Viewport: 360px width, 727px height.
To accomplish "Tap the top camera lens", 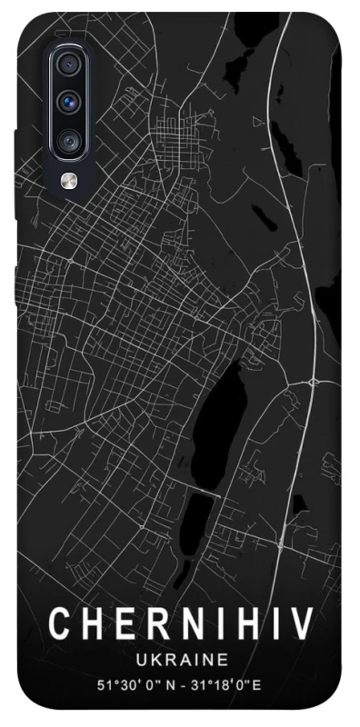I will point(69,64).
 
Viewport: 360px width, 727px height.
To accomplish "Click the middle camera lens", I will point(69,101).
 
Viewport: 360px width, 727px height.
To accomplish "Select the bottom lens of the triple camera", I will point(69,141).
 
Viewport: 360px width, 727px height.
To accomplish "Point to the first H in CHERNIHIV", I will point(93,624).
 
